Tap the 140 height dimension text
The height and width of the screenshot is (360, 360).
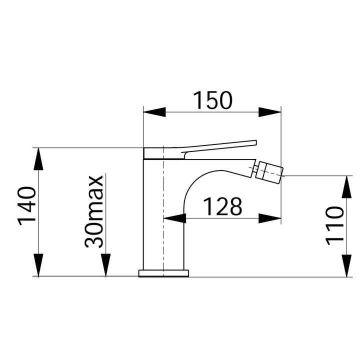point(28,205)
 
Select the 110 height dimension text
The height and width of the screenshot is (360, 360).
point(335,225)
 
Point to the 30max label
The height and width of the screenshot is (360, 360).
point(94,211)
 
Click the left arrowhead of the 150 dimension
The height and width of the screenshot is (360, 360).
point(154,112)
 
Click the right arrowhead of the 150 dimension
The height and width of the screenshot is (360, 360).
point(269,112)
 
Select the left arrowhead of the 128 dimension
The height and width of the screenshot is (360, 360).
point(175,218)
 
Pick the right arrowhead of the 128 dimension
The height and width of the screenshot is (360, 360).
point(269,218)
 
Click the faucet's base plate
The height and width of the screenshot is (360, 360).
point(163,273)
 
